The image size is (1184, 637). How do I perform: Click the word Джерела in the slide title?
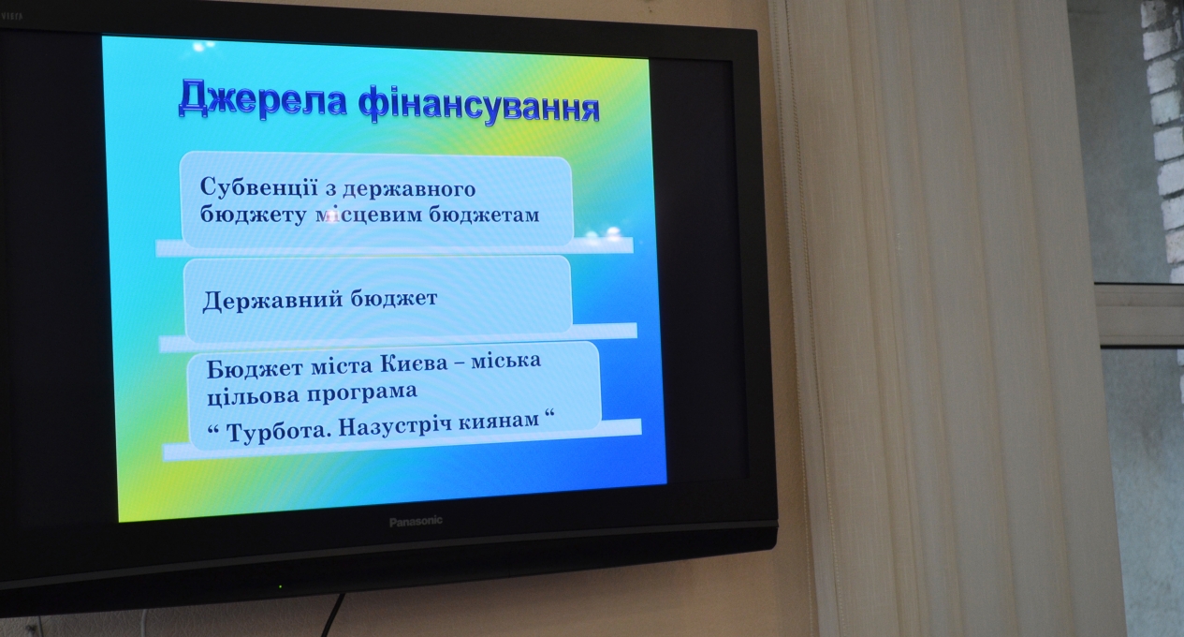pyautogui.click(x=263, y=99)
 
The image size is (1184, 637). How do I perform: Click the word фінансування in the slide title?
pyautogui.click(x=479, y=107)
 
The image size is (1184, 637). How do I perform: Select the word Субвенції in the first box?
pyautogui.click(x=259, y=186)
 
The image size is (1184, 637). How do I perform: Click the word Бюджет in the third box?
pyautogui.click(x=255, y=369)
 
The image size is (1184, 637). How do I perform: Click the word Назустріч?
pyautogui.click(x=394, y=426)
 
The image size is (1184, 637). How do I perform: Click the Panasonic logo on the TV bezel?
pyautogui.click(x=416, y=522)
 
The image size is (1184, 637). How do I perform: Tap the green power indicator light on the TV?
pyautogui.click(x=281, y=586)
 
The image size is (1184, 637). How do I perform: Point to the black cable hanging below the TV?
pyautogui.click(x=332, y=615)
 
